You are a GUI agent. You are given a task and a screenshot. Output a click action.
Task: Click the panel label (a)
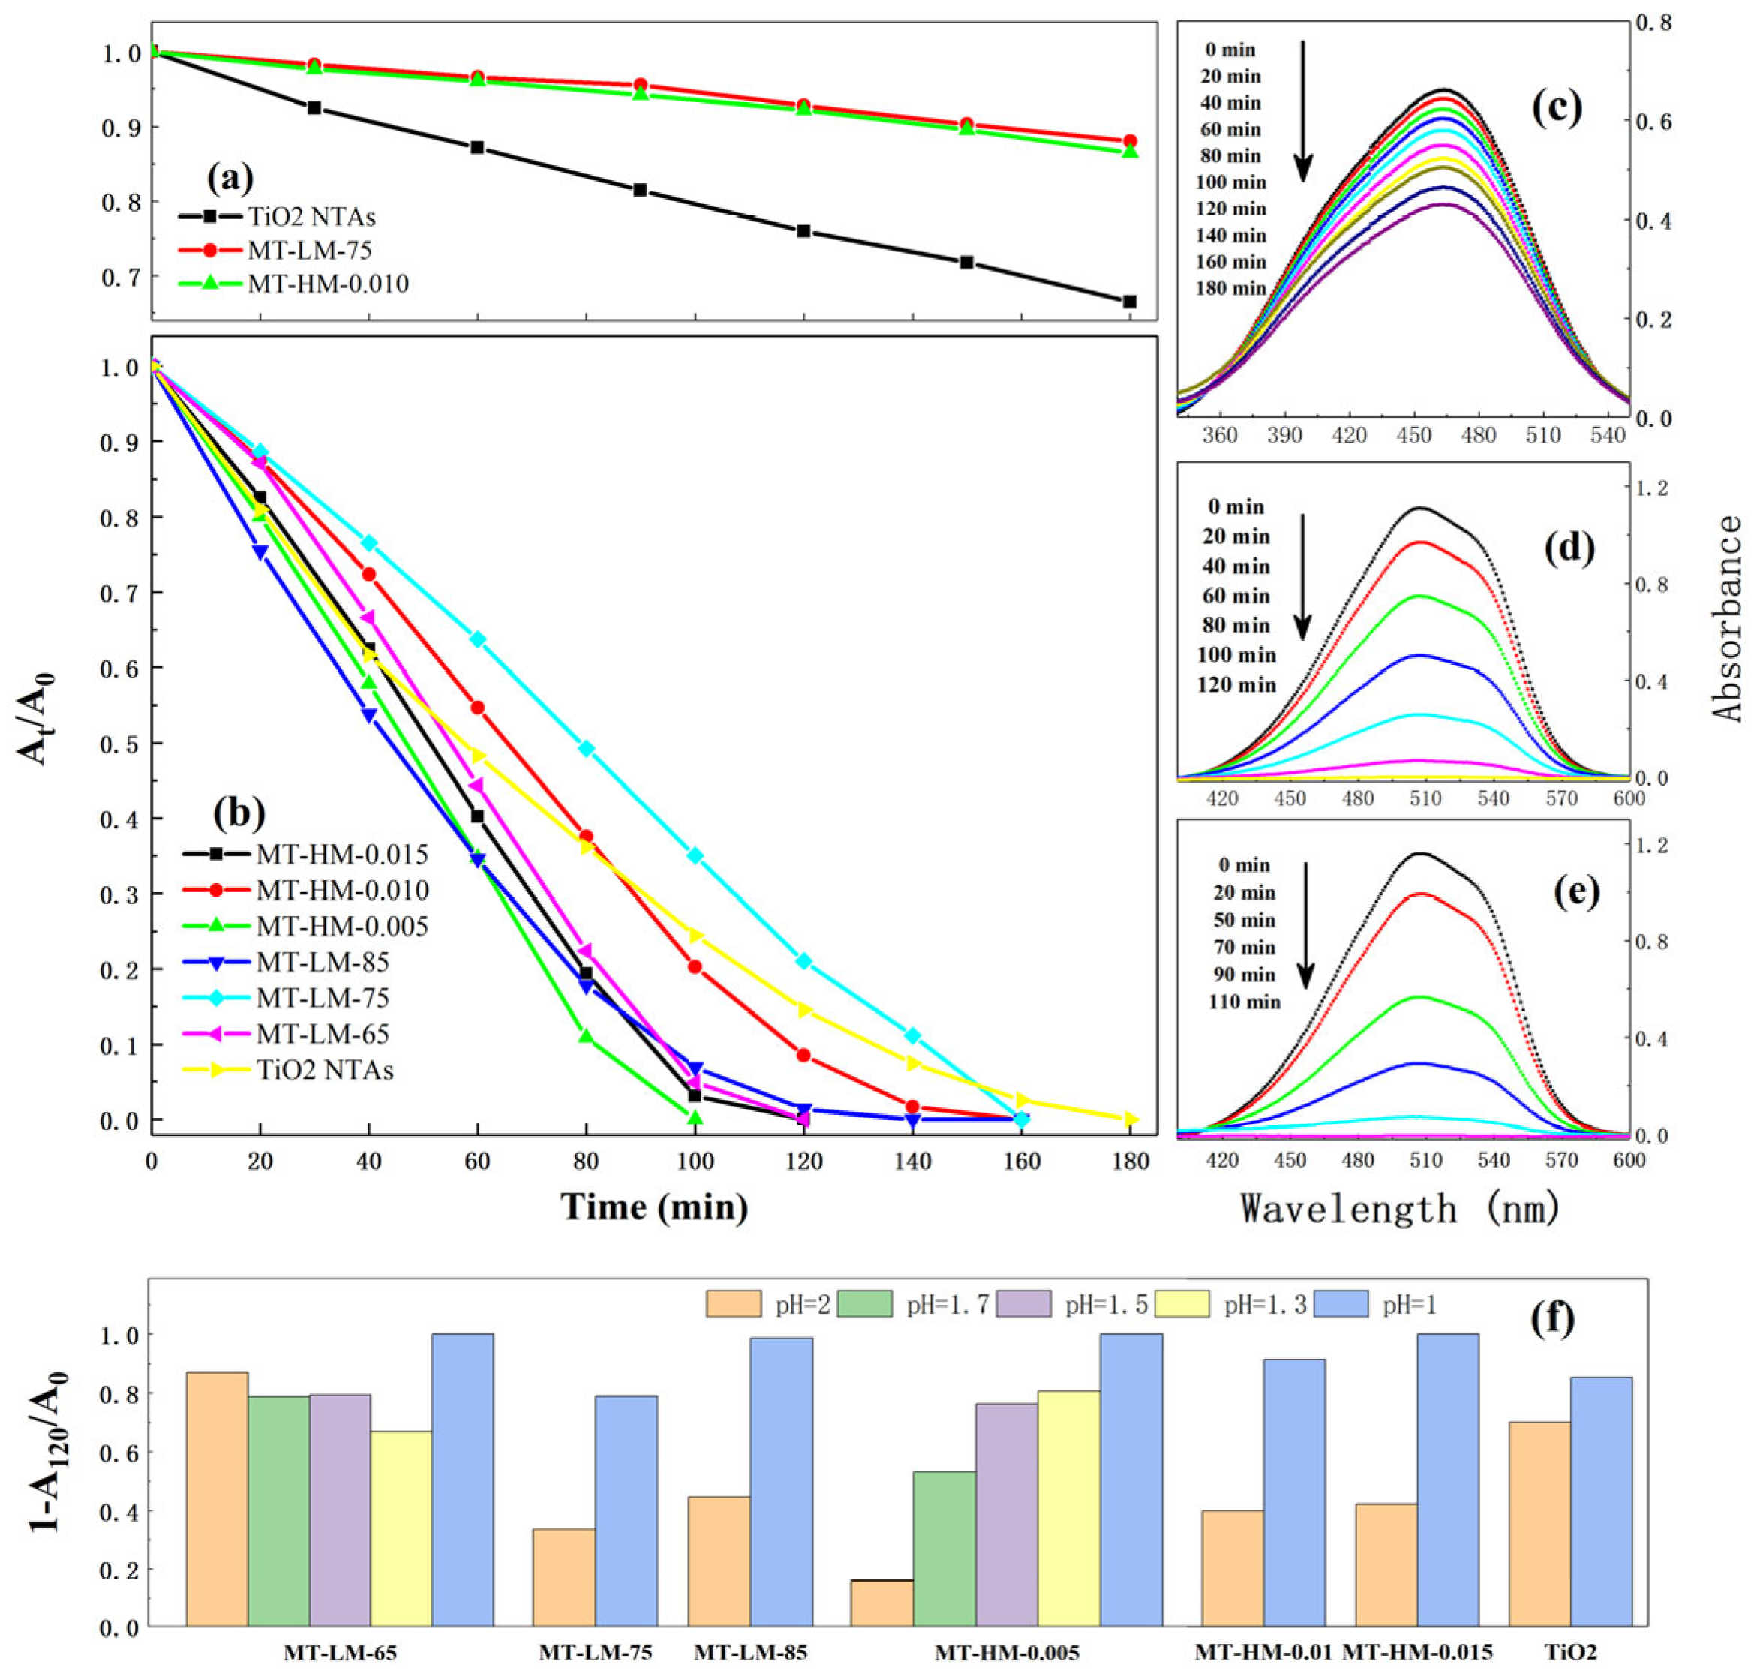[x=230, y=179]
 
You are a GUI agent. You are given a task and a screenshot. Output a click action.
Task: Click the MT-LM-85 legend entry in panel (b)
[x=323, y=962]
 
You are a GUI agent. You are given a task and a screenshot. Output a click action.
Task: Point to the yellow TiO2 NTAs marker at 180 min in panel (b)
[x=1131, y=1119]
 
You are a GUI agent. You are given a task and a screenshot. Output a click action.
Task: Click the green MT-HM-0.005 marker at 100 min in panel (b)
[x=695, y=1117]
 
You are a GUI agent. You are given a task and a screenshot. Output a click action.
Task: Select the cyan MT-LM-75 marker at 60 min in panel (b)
[x=477, y=639]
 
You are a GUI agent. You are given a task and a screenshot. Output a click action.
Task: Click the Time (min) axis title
[x=654, y=1207]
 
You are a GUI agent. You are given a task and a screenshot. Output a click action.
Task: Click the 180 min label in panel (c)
[x=1230, y=288]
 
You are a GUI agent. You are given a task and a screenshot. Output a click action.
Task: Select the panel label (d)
[x=1569, y=548]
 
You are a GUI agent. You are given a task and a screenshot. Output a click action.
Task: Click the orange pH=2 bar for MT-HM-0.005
[x=882, y=1603]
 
